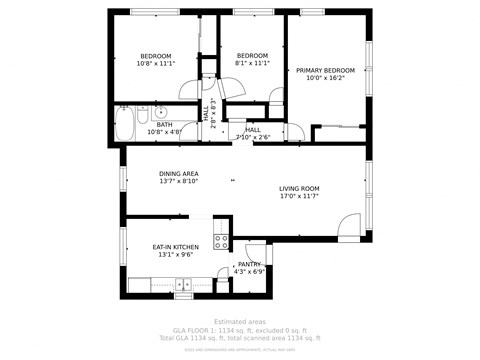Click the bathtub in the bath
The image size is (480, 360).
coord(126,124)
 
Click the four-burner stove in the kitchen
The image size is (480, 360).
coord(221,241)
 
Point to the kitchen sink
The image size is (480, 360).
coord(183,284)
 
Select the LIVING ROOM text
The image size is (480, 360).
coord(298,188)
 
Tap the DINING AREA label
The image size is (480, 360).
coord(178,174)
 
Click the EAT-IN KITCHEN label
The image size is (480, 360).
coord(175,247)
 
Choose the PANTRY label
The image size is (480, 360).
coord(249,264)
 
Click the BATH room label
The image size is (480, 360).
coord(163,124)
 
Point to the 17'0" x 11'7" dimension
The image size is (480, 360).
coord(298,196)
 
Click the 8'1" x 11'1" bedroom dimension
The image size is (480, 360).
coord(252,63)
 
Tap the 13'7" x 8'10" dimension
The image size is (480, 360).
coord(178,182)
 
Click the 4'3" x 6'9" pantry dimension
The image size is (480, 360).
coord(249,271)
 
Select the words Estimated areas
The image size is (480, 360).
coord(240,321)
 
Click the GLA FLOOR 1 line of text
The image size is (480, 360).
coord(240,329)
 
